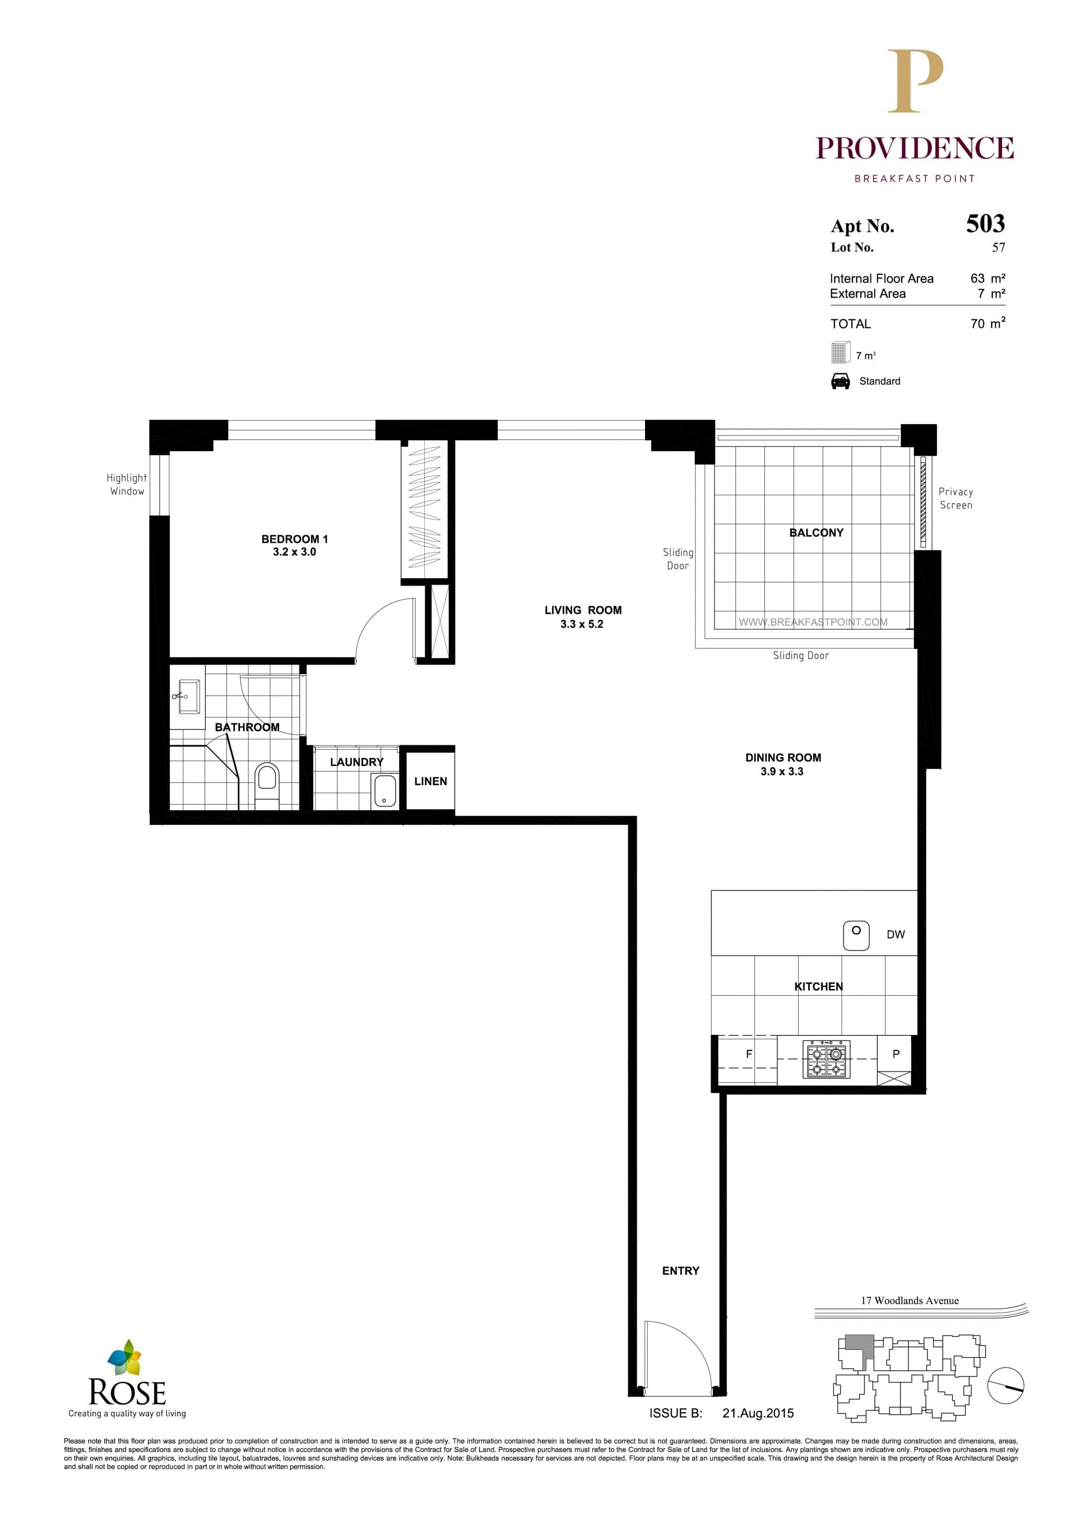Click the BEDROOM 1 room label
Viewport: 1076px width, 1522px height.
pos(294,539)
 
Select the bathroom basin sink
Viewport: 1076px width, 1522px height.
pos(189,696)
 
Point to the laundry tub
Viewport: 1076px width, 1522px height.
pos(385,791)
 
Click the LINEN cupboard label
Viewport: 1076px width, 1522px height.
pos(431,782)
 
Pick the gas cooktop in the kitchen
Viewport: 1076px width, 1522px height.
pos(826,1059)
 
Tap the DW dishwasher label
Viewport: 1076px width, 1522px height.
pos(896,935)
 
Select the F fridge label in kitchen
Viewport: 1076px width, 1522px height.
pos(749,1054)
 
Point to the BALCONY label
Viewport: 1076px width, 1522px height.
pos(816,532)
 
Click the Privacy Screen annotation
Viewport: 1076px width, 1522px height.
pos(956,498)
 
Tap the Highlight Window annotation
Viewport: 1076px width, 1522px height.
pos(127,484)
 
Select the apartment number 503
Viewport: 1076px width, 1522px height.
pos(985,224)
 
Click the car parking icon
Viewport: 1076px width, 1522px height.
pos(841,381)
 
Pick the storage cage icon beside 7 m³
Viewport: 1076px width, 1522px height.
pos(841,352)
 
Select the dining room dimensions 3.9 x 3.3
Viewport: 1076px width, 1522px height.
pos(782,772)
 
